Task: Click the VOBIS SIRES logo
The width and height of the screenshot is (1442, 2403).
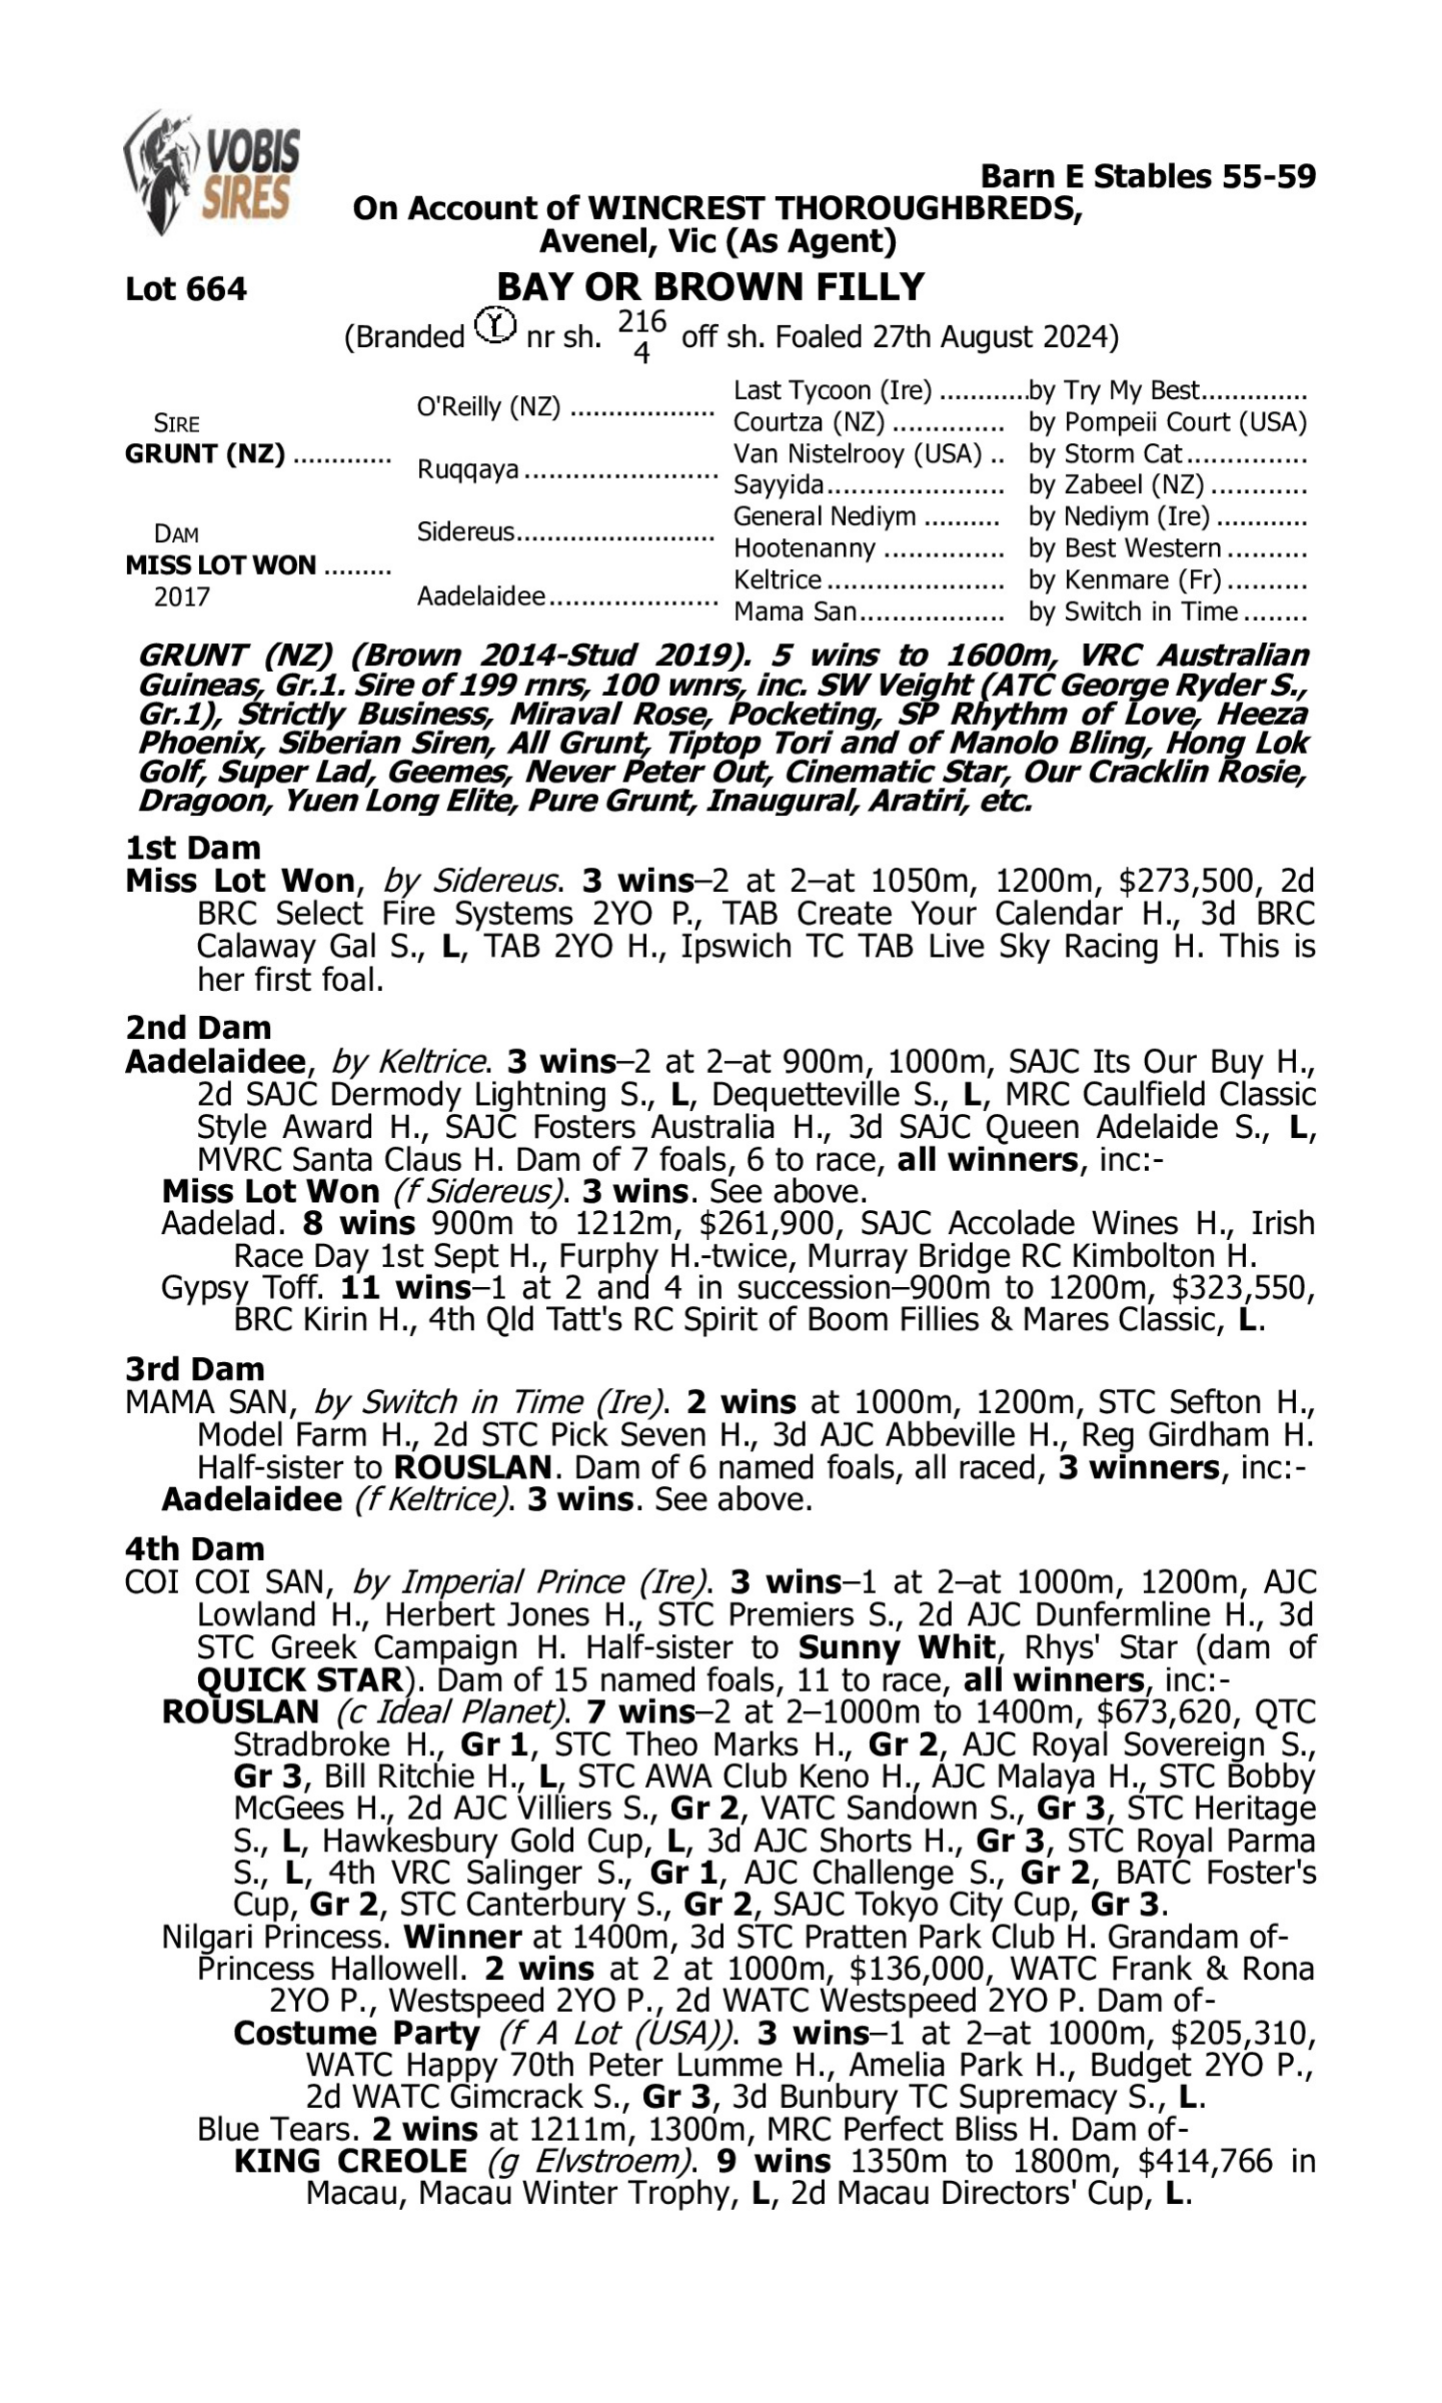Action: [x=211, y=172]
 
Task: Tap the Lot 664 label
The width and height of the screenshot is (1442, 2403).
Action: [x=186, y=288]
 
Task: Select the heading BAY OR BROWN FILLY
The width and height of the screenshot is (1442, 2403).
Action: [x=710, y=286]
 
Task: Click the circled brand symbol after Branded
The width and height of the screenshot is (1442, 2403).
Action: [x=495, y=326]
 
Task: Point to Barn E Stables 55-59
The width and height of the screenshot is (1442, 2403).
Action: [x=1148, y=176]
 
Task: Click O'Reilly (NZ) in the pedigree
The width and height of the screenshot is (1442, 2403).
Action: [x=487, y=406]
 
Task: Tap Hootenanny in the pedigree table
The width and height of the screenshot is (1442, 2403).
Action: [x=804, y=548]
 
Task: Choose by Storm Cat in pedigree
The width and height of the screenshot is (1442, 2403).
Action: [x=1105, y=454]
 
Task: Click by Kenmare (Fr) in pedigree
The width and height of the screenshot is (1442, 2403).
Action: [x=1123, y=580]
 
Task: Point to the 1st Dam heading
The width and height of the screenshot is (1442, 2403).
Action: [x=192, y=847]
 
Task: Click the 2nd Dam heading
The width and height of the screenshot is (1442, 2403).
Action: [x=197, y=1027]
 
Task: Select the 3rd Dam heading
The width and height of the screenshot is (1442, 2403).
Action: [x=194, y=1369]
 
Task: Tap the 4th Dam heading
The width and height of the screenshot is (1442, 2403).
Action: [x=194, y=1548]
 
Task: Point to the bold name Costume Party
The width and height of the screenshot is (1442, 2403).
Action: [x=357, y=2033]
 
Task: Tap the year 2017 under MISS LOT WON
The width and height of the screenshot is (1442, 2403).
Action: [x=182, y=596]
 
